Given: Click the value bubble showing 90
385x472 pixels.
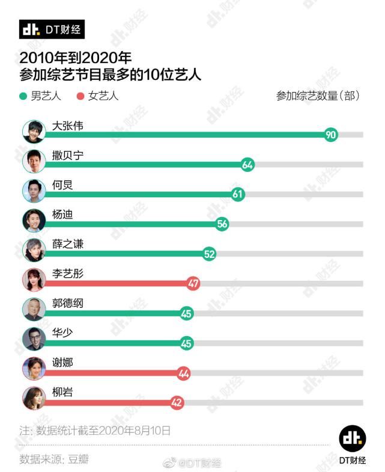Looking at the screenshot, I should [x=330, y=135].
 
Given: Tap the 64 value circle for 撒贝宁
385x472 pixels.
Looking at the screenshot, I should [x=247, y=165].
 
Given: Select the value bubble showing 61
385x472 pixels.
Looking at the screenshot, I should [x=238, y=194].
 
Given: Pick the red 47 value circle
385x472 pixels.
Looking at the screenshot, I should [x=193, y=284].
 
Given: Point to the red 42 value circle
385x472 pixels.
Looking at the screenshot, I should [x=177, y=403].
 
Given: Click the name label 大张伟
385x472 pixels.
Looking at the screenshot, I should [x=68, y=126].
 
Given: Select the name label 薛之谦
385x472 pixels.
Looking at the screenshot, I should [x=68, y=244].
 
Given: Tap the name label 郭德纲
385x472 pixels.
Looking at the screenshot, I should [x=68, y=303].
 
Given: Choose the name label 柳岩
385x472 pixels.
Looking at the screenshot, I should [x=63, y=393].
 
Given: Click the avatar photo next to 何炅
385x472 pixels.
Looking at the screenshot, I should [x=34, y=191].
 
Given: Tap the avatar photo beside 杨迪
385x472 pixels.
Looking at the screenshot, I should [x=34, y=220].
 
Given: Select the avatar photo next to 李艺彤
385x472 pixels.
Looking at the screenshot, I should [x=34, y=280].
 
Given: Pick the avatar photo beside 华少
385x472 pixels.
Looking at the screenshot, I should [x=34, y=339].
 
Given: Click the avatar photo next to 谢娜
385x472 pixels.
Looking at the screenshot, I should [x=34, y=369].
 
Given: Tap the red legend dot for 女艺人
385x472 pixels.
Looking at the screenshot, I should [x=80, y=96].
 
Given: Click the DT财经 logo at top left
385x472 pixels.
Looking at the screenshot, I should [x=52, y=29].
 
